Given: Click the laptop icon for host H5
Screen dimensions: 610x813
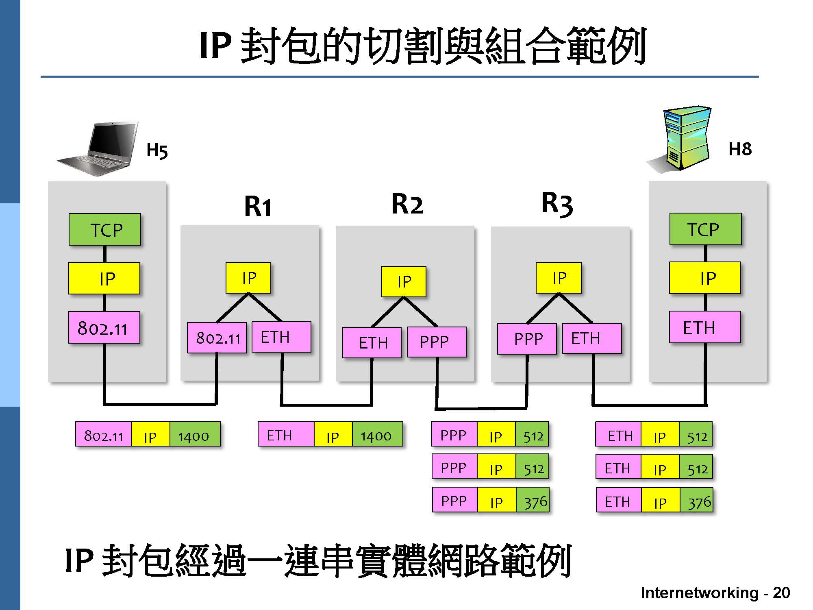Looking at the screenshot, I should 100,148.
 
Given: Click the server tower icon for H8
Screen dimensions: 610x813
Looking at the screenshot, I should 683,138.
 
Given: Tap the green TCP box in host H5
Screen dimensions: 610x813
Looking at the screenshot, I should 105,230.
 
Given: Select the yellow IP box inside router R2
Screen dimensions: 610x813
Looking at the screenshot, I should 404,281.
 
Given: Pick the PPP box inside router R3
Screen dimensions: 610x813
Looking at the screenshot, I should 527,339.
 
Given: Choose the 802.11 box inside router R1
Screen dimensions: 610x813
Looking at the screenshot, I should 217,338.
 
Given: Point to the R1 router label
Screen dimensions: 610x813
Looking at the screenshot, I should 257,207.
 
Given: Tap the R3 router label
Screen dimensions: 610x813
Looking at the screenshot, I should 557,203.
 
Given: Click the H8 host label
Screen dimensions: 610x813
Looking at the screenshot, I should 740,149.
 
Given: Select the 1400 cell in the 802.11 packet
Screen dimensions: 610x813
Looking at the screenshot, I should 194,436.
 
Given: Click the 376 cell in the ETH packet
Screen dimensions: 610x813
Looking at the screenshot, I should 697,503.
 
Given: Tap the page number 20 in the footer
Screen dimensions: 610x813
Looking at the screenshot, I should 781,593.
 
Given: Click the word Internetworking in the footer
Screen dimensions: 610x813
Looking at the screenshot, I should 699,593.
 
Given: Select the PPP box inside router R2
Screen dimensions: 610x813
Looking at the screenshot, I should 436,342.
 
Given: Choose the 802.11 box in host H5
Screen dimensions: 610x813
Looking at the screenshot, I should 104,328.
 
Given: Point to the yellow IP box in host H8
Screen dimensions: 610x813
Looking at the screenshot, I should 705,279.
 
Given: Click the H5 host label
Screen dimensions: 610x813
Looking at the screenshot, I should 157,150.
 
